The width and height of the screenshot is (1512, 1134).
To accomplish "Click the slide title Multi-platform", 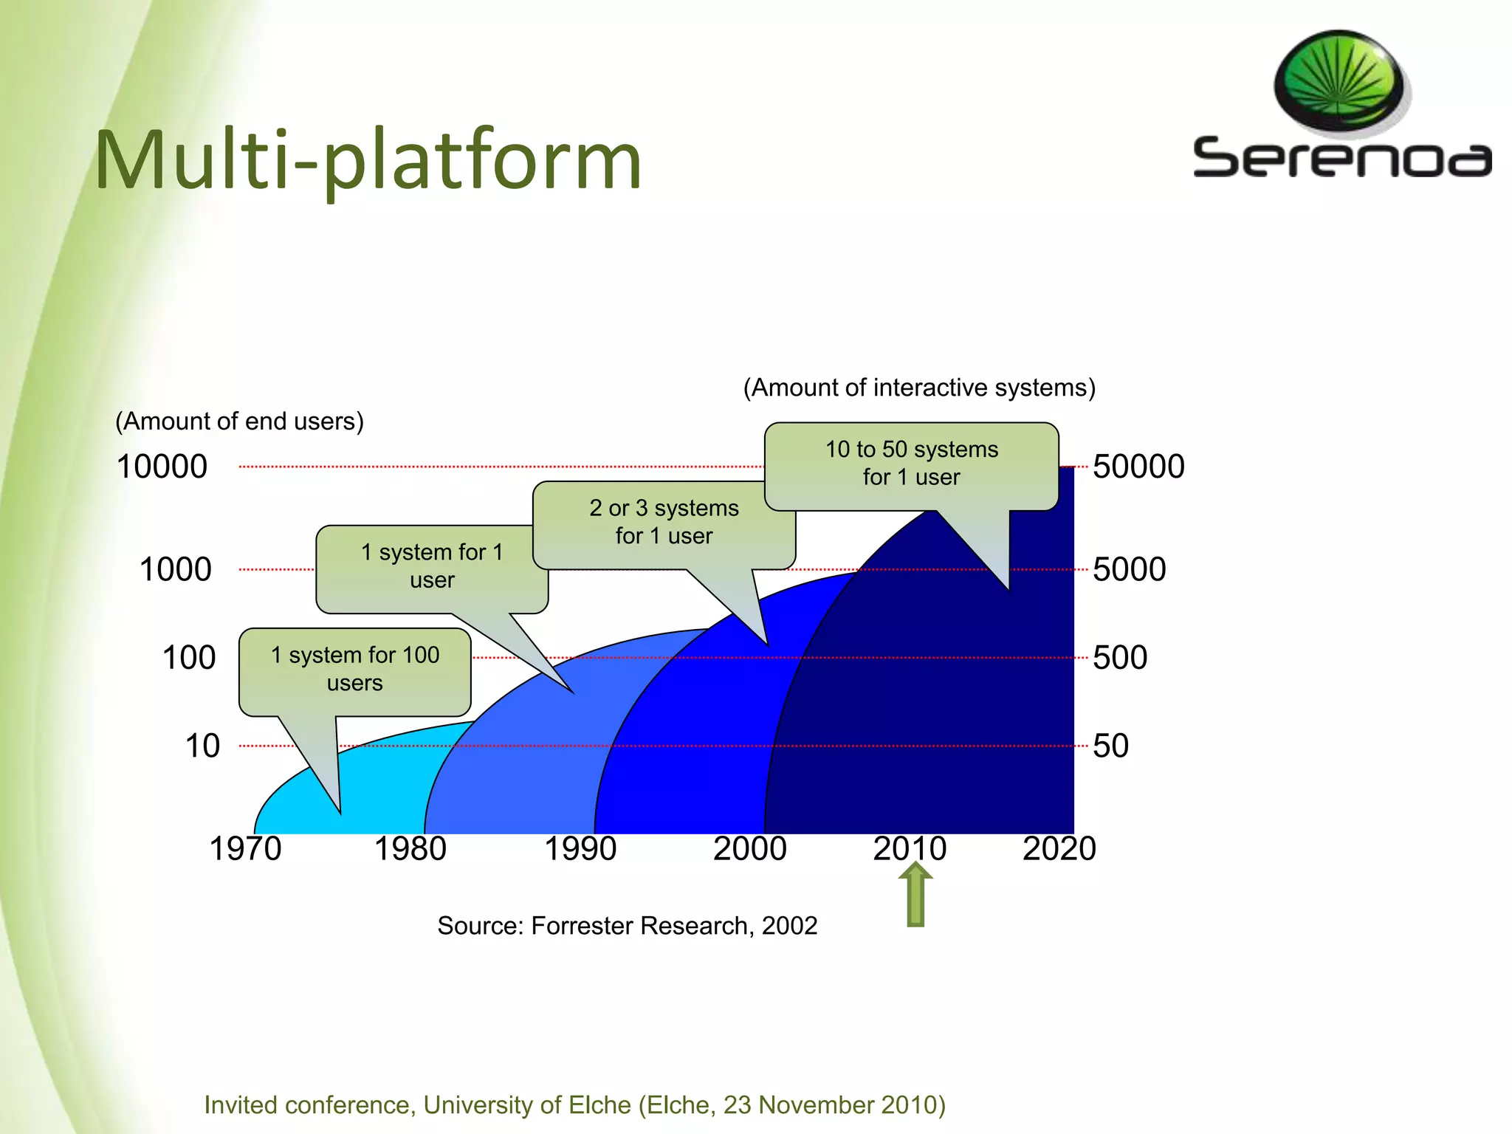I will (368, 160).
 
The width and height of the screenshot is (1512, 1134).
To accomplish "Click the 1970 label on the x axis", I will (245, 848).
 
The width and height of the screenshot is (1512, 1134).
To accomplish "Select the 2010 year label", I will (909, 848).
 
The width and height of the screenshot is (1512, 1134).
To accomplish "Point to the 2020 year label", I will (1059, 848).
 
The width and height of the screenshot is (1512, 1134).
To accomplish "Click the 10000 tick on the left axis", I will (162, 467).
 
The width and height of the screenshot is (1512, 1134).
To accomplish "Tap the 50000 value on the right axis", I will (1138, 467).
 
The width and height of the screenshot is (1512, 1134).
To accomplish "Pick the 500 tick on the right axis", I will (1120, 657).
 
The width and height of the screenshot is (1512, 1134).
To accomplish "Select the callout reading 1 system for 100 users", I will (355, 669).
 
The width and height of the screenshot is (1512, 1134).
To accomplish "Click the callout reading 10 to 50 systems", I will (911, 464).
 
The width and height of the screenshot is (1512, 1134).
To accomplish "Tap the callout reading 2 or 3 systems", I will (664, 522).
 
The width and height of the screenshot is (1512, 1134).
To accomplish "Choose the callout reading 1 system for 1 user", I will (432, 566).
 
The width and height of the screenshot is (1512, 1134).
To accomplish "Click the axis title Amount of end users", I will (239, 421).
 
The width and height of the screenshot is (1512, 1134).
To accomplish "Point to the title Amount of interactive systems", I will (919, 388).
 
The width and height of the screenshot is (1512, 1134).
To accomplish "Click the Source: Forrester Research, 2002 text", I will (627, 926).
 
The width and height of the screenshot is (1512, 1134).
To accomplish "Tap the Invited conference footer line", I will (574, 1104).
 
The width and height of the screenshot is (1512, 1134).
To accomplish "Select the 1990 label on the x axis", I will (580, 848).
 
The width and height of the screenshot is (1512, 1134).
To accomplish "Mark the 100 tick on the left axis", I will (189, 657).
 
